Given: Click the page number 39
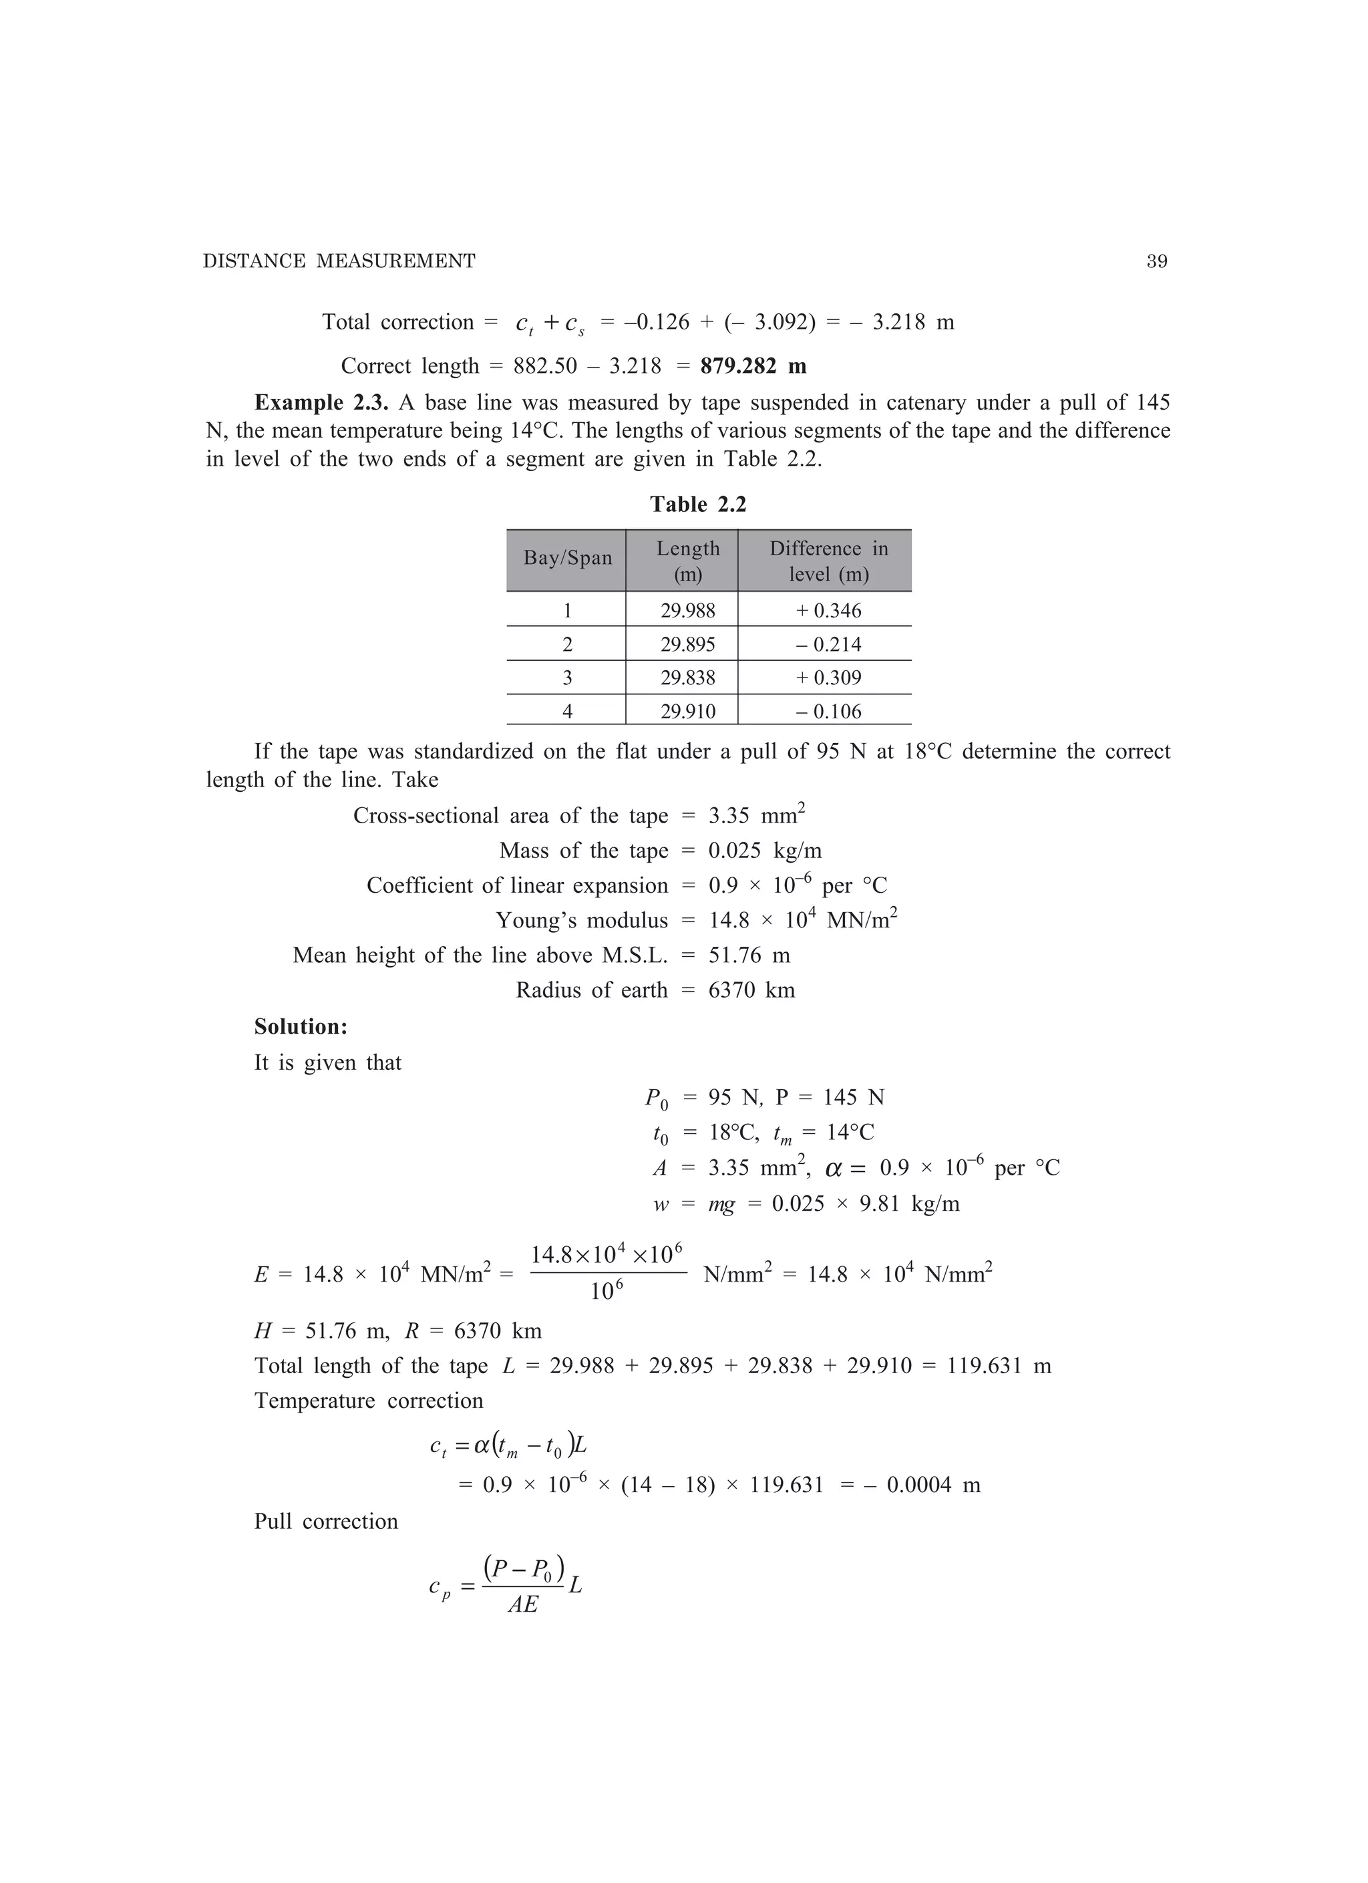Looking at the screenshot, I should (x=1156, y=261).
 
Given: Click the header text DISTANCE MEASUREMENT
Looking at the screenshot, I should (x=339, y=261).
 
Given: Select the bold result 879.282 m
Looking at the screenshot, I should (x=753, y=366).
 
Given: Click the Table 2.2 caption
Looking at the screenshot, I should (x=697, y=504).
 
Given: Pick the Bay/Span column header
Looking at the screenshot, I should (x=567, y=558).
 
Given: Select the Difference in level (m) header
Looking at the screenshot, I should (x=828, y=561).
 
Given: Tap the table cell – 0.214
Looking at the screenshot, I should (x=828, y=644).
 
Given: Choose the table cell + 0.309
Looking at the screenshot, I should (x=828, y=678).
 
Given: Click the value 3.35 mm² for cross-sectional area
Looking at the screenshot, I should (x=756, y=815).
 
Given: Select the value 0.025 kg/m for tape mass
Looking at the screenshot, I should (x=765, y=851).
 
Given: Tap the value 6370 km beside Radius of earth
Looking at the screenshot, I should (x=751, y=990).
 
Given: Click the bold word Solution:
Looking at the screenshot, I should (x=301, y=1027).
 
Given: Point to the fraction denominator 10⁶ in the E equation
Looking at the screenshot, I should (x=607, y=1291).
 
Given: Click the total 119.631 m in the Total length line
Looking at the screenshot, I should (x=999, y=1366).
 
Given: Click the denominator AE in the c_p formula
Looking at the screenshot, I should (x=523, y=1605).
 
